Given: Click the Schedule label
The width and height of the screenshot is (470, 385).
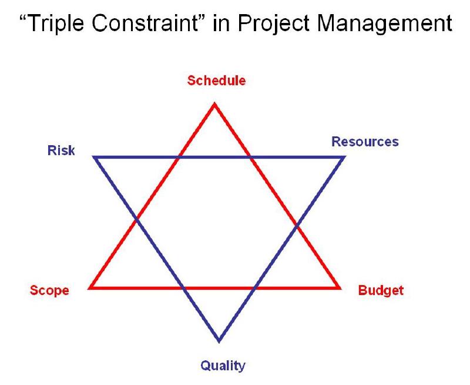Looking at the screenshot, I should [216, 81].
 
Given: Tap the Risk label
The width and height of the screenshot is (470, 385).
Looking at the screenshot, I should [61, 150].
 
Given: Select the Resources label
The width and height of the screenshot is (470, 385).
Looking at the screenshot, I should [365, 142].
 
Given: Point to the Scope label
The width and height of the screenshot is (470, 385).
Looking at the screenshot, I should [49, 290].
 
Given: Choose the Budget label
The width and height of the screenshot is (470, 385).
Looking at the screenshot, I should [381, 290].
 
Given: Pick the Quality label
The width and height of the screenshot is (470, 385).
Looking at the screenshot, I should [223, 366].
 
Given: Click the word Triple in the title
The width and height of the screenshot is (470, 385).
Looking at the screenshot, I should [59, 25].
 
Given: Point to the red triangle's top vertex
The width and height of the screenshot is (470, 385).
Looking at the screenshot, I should [214, 105].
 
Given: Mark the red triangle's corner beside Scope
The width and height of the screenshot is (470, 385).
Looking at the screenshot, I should [90, 288].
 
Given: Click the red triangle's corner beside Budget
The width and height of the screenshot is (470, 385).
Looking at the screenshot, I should [339, 288].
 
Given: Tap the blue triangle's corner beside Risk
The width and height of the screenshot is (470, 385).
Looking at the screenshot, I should [95, 158].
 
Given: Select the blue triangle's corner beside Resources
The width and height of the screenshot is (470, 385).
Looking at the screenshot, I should [344, 158].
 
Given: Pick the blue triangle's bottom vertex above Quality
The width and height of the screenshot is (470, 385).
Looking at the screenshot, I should [219, 340].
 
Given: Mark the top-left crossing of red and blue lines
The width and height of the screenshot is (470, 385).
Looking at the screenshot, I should [179, 158].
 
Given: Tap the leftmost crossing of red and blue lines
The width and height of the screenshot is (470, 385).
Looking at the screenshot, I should [136, 220].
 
